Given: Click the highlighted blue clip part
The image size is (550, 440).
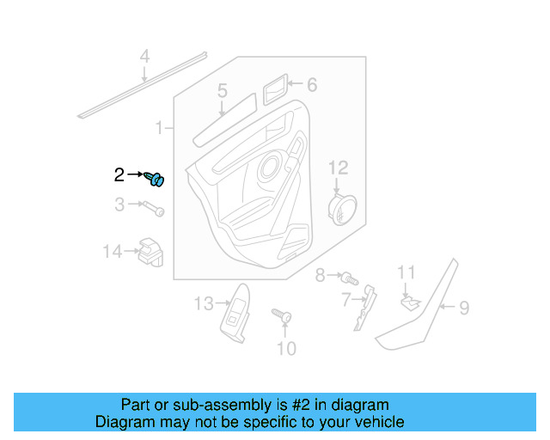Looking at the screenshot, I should pos(156,179).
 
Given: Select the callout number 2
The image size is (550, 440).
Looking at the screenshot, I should pos(119,175).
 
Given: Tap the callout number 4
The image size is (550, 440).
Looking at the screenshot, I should pos(145,58).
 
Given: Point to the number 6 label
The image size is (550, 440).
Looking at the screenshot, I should pos(312,84).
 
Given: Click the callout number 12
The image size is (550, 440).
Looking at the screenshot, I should pos(338,167).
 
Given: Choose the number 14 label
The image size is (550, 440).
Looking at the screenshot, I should pos(113,252).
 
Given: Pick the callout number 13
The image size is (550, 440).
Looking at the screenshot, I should pos(203,304).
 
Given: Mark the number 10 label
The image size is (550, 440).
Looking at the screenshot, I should pos(285,348).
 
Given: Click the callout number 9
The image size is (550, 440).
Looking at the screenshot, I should pos(463,306).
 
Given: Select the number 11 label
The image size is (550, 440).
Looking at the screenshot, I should pos(406,273).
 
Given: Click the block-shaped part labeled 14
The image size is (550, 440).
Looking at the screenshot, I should pos(150,250).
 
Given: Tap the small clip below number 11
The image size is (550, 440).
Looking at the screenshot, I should pos(409,301).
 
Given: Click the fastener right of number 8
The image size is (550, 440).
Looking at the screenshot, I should pos(347,278).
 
